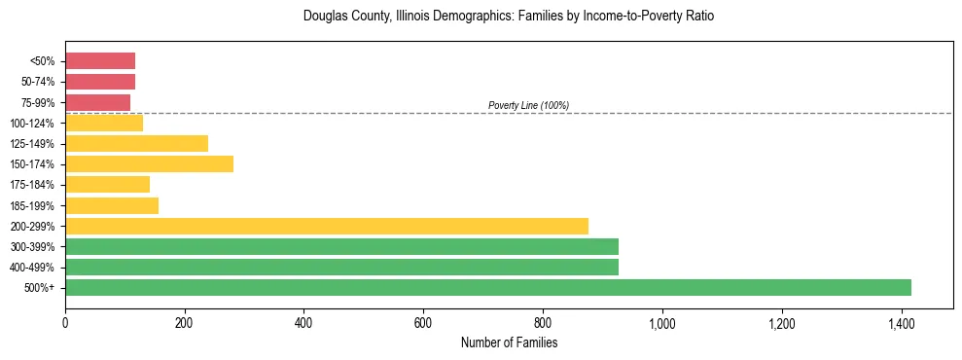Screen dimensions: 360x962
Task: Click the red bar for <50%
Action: (x=100, y=60)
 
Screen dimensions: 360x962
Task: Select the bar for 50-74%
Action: (x=100, y=82)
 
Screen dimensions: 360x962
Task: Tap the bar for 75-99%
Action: (x=97, y=102)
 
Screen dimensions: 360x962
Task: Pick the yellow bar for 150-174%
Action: (x=149, y=163)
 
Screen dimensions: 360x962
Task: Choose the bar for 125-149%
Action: (x=136, y=143)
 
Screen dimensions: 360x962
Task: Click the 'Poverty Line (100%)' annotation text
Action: (x=528, y=105)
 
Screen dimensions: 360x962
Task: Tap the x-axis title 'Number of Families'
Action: (x=509, y=342)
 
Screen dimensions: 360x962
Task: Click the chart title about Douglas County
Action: (x=509, y=17)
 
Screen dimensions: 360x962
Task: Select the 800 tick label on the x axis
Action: (x=543, y=323)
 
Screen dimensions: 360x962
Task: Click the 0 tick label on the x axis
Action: (x=65, y=323)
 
